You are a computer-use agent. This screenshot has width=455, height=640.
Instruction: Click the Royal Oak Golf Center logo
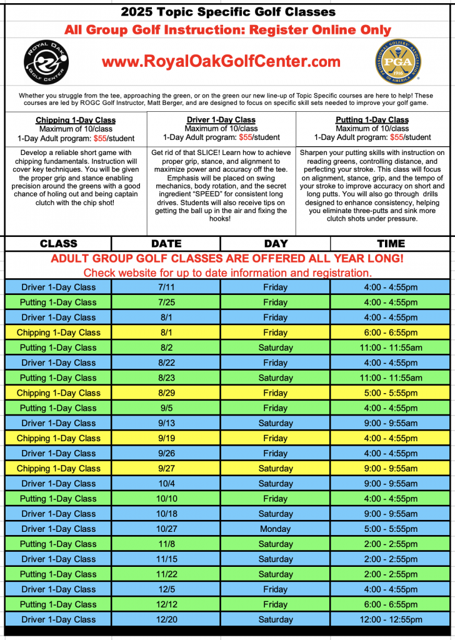pos(46,62)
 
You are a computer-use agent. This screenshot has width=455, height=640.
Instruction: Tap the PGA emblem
pos(397,62)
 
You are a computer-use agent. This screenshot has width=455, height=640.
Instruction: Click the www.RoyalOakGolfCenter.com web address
pos(221,61)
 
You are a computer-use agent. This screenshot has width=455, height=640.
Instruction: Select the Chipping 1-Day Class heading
pos(76,120)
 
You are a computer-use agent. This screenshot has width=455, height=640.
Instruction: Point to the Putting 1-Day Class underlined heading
pos(372,120)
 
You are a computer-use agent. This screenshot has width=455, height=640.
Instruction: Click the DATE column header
pos(166,244)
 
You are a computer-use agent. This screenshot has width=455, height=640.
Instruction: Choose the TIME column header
pos(391,244)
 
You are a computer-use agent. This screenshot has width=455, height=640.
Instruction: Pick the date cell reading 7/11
pos(166,287)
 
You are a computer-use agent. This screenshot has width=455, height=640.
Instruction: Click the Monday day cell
pos(275,529)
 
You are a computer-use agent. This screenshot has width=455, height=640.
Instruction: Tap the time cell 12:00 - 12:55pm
pos(391,619)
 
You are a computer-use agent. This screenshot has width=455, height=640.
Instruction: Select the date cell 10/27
pos(166,529)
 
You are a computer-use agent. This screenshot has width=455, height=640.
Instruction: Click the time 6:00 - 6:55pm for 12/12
pos(391,604)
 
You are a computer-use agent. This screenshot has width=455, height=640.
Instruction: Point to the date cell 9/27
pos(166,468)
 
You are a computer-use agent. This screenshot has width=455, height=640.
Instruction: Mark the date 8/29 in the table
pos(166,393)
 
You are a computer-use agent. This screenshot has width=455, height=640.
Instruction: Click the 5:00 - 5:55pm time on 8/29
pos(391,393)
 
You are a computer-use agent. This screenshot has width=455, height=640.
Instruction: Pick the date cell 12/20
pos(166,619)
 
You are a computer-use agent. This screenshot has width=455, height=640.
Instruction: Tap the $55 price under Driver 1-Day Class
pos(245,137)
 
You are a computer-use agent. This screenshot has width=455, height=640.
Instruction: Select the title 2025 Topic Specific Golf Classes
pos(227,12)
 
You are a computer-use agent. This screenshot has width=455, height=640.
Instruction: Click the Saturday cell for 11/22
pos(275,574)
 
